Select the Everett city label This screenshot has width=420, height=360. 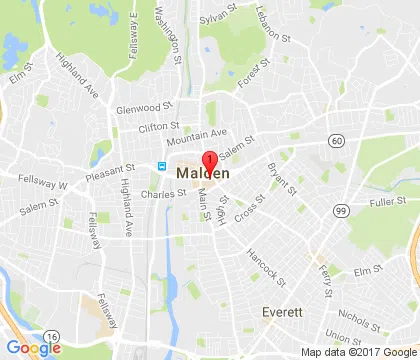tap(282, 312)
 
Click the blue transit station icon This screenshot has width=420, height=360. tap(160, 166)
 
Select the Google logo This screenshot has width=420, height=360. tap(33, 347)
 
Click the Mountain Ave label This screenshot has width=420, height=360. tap(204, 133)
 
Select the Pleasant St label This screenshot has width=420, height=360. tap(110, 172)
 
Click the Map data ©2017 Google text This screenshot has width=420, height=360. tap(358, 351)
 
